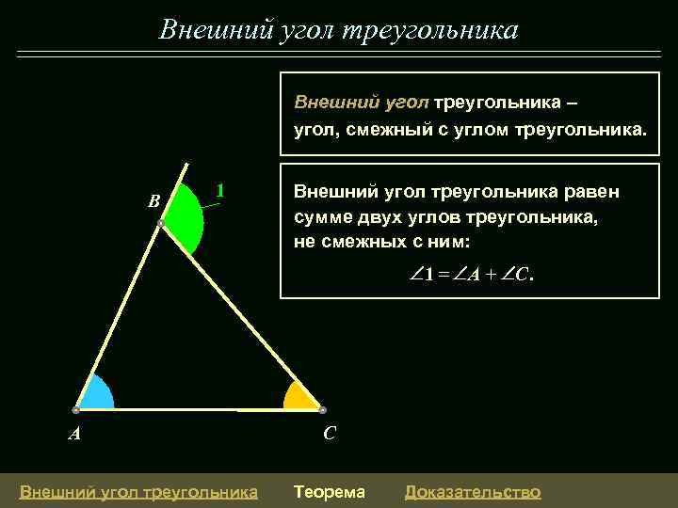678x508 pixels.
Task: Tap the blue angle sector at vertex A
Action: click(93, 396)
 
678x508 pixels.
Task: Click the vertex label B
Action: click(153, 200)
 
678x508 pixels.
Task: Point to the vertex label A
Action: click(73, 434)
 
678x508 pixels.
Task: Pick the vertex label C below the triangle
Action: click(330, 434)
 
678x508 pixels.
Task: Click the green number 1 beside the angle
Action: click(219, 190)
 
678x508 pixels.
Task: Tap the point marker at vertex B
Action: click(161, 224)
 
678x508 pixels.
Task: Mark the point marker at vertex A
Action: click(75, 410)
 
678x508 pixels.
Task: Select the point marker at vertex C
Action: click(322, 410)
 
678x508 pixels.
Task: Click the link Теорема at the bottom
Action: click(330, 491)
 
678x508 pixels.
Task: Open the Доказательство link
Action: click(472, 491)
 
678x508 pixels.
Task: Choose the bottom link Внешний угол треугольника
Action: click(138, 491)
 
